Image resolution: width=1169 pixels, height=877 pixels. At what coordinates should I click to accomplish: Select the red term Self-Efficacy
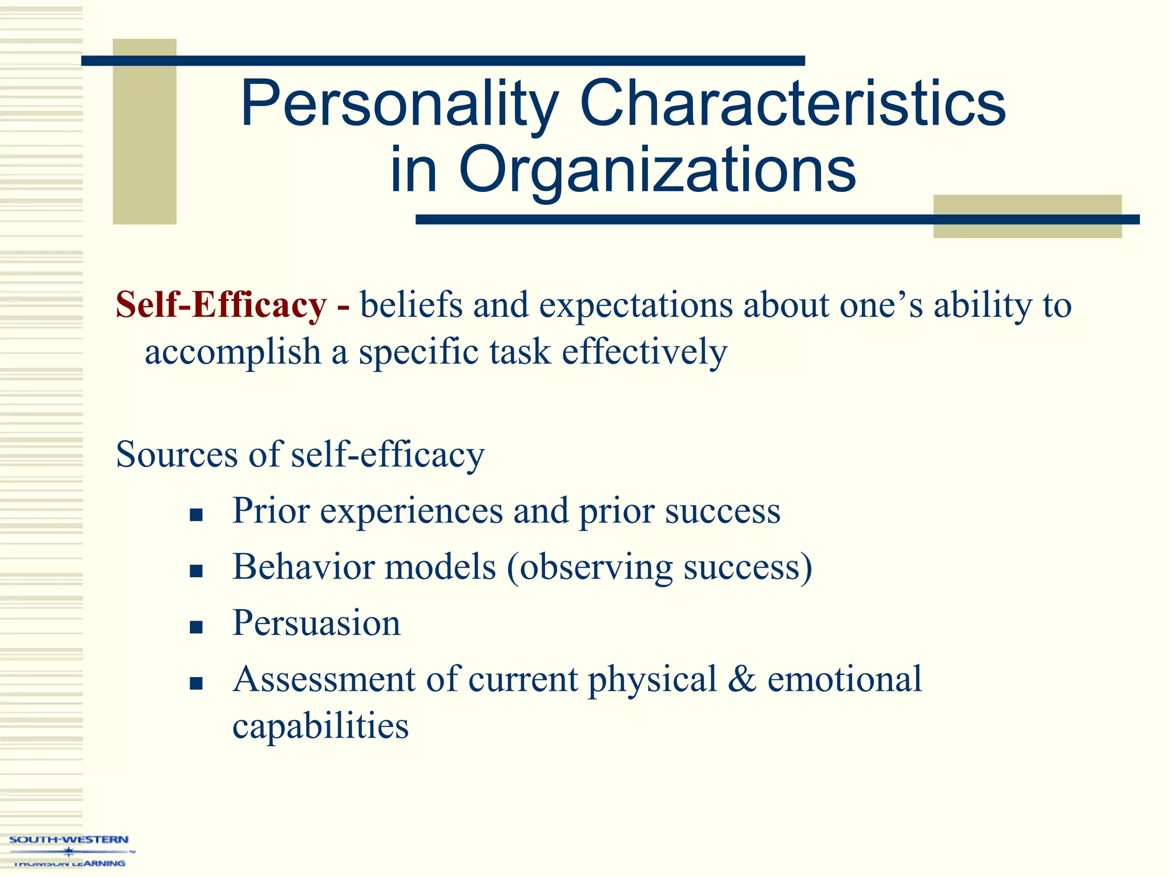click(221, 305)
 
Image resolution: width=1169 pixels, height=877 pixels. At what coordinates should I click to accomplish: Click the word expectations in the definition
click(635, 305)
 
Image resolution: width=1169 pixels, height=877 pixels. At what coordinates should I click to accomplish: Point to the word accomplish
click(232, 352)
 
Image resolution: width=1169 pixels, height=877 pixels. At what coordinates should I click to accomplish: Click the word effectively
click(644, 352)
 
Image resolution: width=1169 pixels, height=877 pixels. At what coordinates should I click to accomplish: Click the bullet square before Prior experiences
click(196, 516)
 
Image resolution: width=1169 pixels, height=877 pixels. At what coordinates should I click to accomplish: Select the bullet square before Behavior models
click(196, 572)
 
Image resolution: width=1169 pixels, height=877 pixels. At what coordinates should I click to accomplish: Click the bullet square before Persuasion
click(196, 627)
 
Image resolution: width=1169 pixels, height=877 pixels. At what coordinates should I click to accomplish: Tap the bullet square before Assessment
click(196, 683)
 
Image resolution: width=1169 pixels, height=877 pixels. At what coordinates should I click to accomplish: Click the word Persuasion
click(316, 623)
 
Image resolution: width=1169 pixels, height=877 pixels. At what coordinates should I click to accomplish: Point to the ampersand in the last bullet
click(741, 679)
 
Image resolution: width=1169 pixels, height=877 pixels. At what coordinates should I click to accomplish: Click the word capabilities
click(320, 726)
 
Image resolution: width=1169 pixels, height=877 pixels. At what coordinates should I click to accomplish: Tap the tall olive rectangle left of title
click(144, 131)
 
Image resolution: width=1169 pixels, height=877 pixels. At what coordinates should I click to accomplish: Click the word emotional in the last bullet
click(844, 679)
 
